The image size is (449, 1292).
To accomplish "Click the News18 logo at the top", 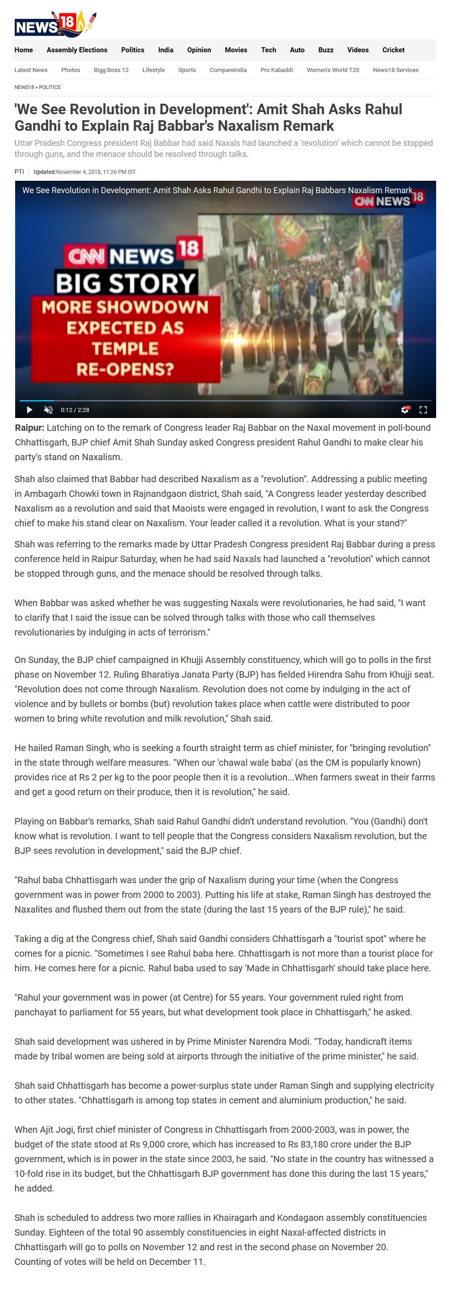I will click(x=54, y=24).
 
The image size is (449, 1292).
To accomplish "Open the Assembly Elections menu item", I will click(x=77, y=50).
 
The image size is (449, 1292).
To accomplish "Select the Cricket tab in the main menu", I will click(x=393, y=50).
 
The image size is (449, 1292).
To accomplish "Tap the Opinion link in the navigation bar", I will click(x=199, y=50).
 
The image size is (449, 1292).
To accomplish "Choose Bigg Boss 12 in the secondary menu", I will click(x=111, y=70).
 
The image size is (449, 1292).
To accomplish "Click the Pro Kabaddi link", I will click(x=276, y=70).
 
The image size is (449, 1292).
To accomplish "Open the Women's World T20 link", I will click(x=332, y=70).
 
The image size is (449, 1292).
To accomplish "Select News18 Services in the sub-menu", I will click(x=395, y=70).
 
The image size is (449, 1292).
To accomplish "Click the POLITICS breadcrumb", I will click(x=50, y=87).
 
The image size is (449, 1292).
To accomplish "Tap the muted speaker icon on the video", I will click(x=49, y=410).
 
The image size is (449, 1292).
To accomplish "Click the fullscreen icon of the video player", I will click(x=423, y=410).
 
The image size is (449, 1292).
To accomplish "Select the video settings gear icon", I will click(x=405, y=410).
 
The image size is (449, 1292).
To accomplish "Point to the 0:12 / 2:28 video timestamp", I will click(x=75, y=410).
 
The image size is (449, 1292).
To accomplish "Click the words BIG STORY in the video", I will click(x=125, y=284).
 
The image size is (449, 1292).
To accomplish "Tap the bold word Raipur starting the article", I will click(x=29, y=428).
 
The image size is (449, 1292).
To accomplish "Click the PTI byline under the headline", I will click(x=19, y=172).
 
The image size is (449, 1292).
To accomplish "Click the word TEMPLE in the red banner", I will click(x=125, y=349).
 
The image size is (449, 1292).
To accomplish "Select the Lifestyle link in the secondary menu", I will click(x=153, y=70).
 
